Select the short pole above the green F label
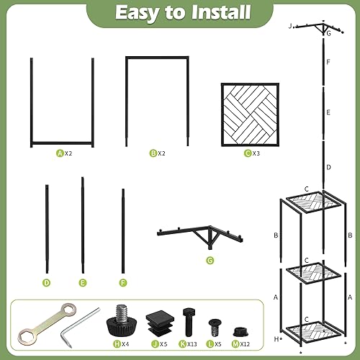click(x=122, y=230)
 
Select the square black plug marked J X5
click(x=157, y=320)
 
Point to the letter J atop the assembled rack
click(x=289, y=26)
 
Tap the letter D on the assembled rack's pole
click(x=328, y=167)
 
